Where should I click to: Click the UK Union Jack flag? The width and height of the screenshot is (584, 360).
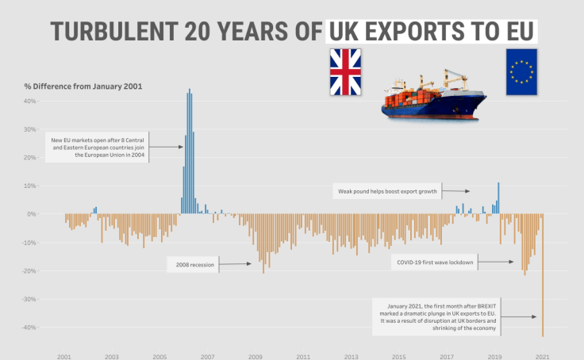[345, 71]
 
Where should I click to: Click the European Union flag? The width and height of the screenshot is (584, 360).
[521, 71]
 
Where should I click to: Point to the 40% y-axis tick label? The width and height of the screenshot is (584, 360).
[29, 101]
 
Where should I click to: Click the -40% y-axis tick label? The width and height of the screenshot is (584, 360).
[28, 327]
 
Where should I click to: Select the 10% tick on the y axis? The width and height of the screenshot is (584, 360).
[29, 186]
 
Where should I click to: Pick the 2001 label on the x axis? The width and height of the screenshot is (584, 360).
[64, 357]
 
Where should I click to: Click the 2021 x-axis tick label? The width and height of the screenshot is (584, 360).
[543, 357]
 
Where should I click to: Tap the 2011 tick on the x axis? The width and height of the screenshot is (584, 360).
[303, 357]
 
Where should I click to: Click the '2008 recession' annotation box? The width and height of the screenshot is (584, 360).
[191, 265]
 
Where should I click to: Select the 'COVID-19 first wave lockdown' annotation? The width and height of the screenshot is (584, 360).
[435, 262]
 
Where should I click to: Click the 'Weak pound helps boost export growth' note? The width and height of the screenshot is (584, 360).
[387, 191]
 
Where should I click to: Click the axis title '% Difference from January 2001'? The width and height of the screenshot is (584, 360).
[83, 86]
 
